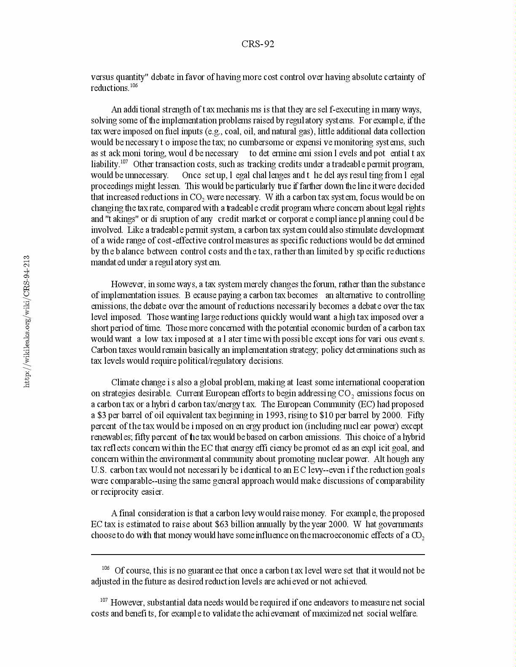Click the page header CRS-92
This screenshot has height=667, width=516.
[258, 44]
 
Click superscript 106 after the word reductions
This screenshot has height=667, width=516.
[134, 86]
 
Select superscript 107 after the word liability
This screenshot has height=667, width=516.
[124, 162]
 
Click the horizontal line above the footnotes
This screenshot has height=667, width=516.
[258, 555]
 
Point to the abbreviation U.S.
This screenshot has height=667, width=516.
[99, 470]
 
